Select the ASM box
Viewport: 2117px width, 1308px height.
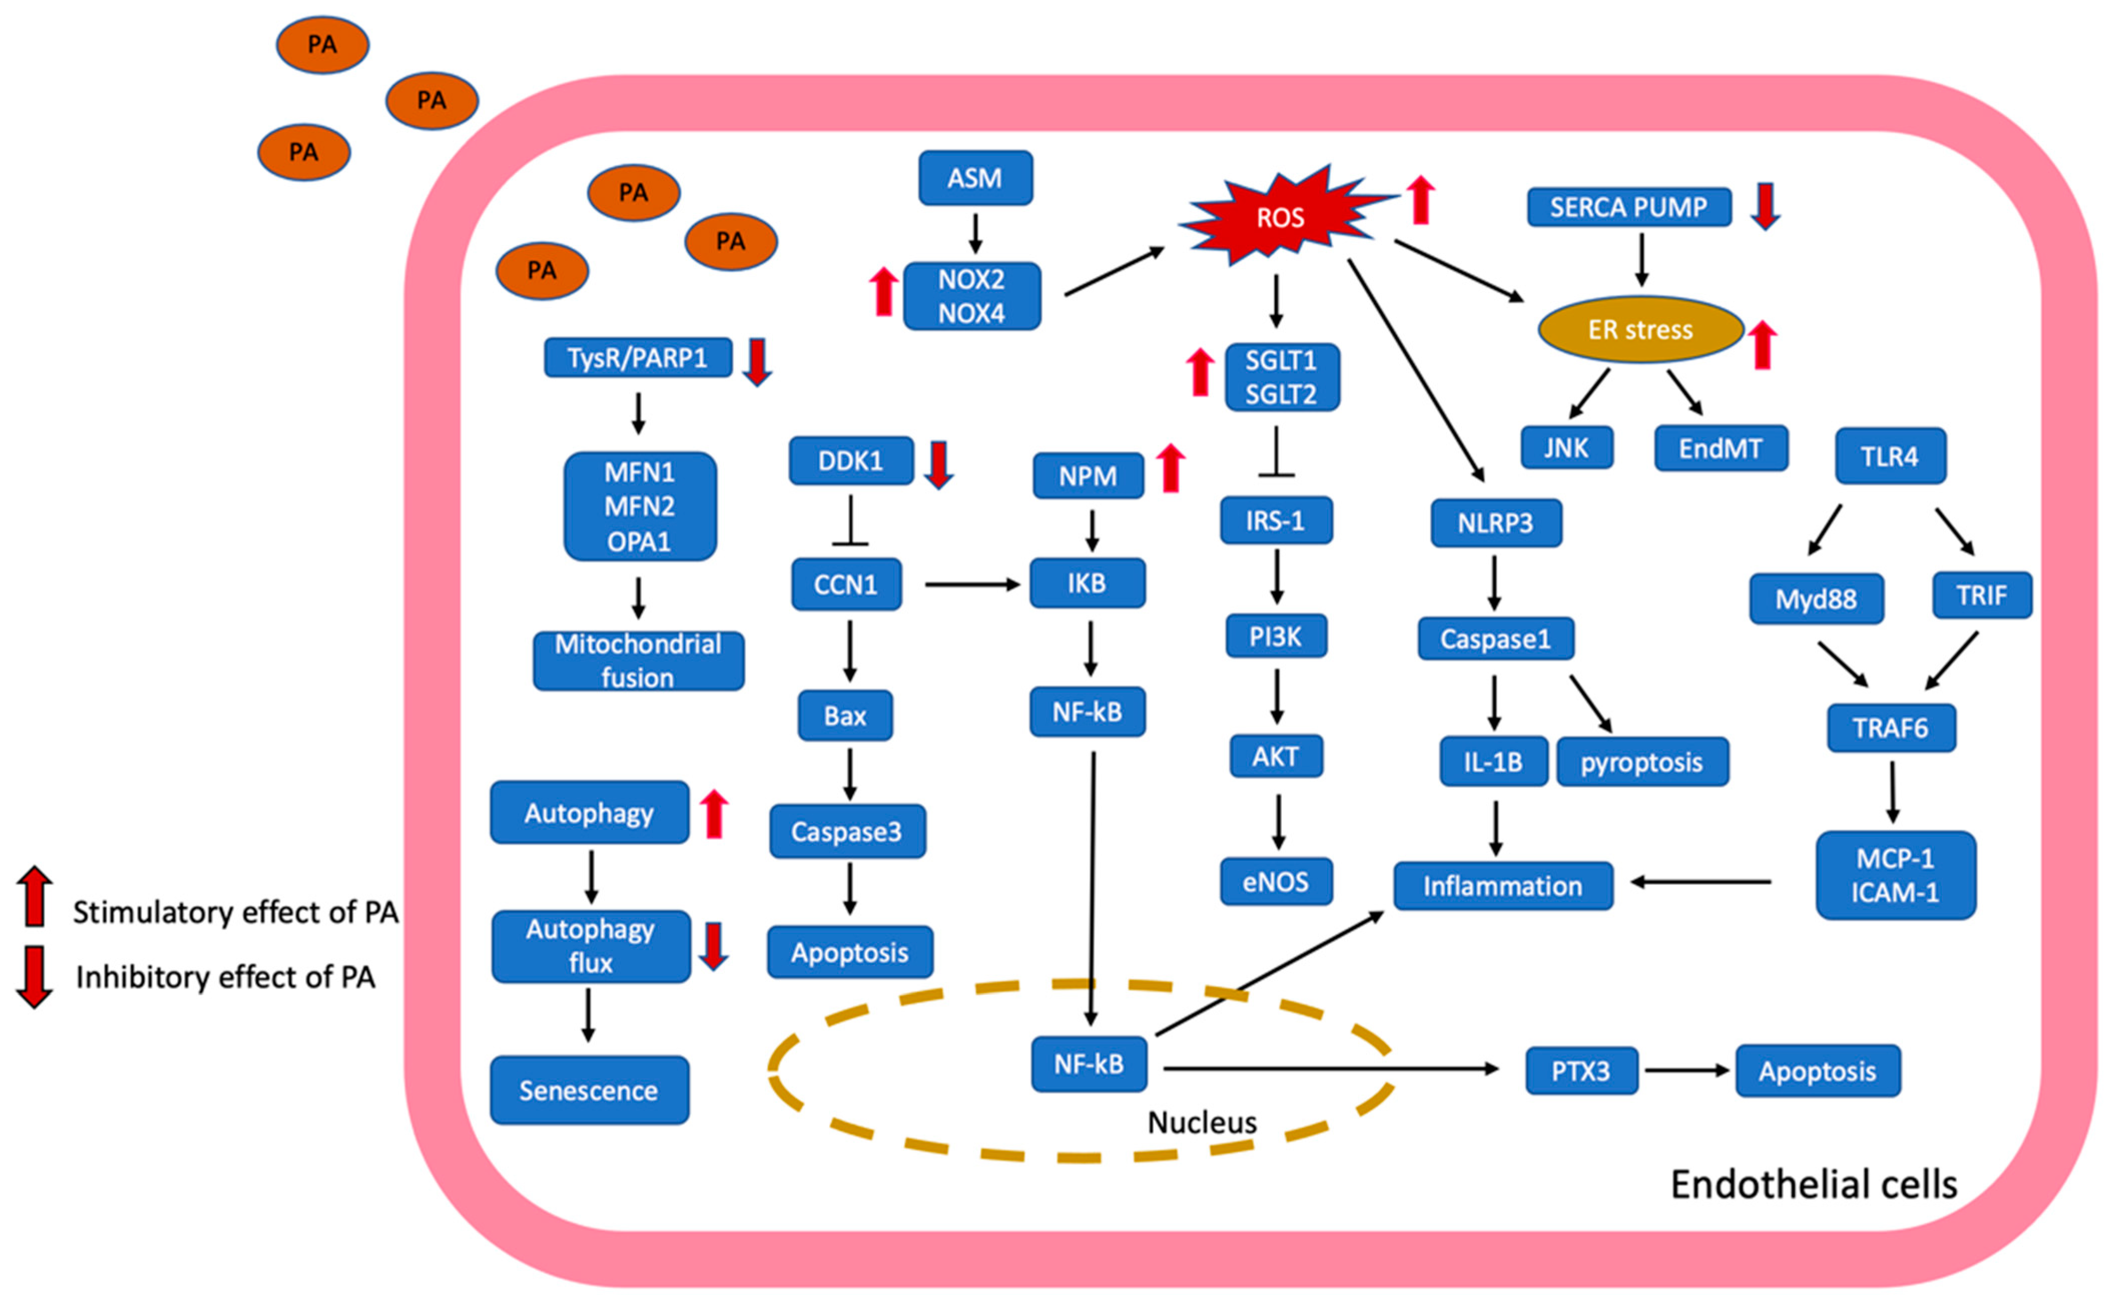(975, 178)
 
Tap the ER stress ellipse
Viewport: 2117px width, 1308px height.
(1639, 329)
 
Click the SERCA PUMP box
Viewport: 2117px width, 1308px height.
(1628, 208)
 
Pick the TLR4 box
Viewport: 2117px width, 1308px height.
(1890, 456)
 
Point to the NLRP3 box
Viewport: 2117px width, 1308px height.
(1495, 523)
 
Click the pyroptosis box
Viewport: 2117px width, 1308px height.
(1641, 762)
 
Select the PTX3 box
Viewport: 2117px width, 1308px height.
(1581, 1071)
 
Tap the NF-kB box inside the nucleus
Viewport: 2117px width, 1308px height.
(1089, 1064)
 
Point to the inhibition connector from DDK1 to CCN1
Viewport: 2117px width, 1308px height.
(850, 522)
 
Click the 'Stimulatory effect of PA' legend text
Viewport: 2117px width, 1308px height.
(235, 912)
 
